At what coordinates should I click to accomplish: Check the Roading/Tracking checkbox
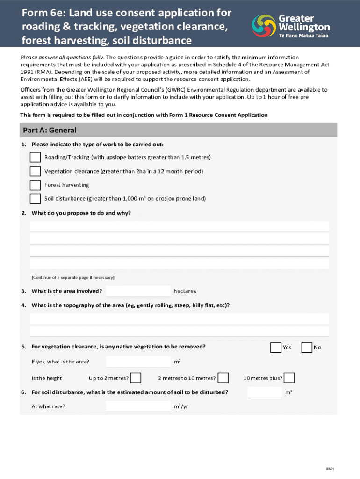pyautogui.click(x=35, y=157)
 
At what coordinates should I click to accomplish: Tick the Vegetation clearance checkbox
pyautogui.click(x=35, y=171)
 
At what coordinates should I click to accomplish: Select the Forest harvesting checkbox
pyautogui.click(x=35, y=185)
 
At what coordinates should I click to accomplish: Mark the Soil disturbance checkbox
pyautogui.click(x=35, y=199)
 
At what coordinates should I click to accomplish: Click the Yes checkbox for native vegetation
pyautogui.click(x=276, y=348)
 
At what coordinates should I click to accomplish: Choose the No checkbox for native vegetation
pyautogui.click(x=307, y=348)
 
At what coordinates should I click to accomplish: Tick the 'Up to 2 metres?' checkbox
pyautogui.click(x=136, y=378)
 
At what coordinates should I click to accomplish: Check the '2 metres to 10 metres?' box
pyautogui.click(x=223, y=378)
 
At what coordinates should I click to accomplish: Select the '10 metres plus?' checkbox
pyautogui.click(x=289, y=378)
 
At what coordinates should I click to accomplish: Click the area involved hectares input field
pyautogui.click(x=138, y=291)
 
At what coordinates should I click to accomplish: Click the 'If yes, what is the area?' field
pyautogui.click(x=138, y=362)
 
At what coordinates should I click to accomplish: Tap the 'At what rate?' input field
pyautogui.click(x=138, y=406)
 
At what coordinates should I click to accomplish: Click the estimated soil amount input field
pyautogui.click(x=265, y=392)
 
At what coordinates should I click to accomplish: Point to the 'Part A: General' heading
pyautogui.click(x=49, y=130)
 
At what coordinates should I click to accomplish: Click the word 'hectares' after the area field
pyautogui.click(x=185, y=291)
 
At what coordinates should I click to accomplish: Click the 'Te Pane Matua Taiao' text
pyautogui.click(x=304, y=36)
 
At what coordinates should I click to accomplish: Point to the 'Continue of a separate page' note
pyautogui.click(x=73, y=277)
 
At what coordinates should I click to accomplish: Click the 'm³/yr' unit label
pyautogui.click(x=181, y=406)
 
